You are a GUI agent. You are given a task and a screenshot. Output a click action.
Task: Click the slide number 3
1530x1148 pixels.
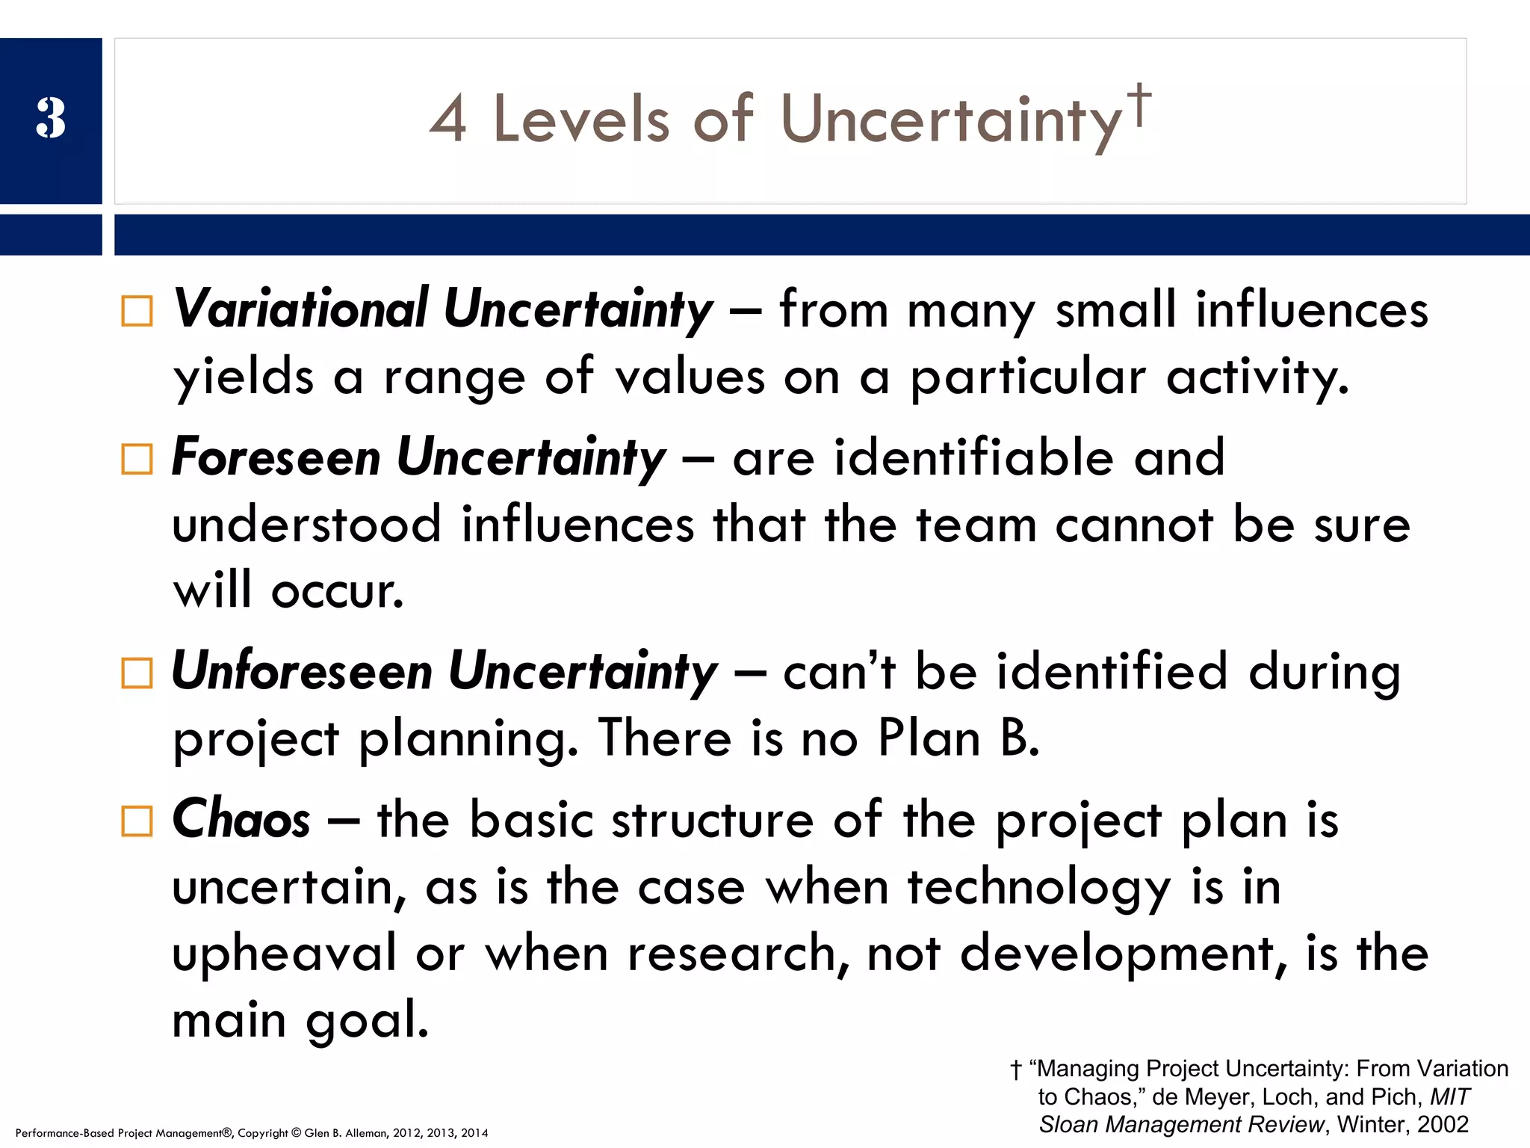tap(51, 118)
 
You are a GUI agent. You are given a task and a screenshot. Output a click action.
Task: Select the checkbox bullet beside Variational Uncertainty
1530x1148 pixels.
tap(137, 311)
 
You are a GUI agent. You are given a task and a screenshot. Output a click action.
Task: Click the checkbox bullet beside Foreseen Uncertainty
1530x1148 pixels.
tap(137, 459)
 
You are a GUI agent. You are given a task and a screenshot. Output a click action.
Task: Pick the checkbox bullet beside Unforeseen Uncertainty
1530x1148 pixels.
tap(137, 673)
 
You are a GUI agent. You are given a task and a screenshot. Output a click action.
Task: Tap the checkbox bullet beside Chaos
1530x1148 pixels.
tap(137, 821)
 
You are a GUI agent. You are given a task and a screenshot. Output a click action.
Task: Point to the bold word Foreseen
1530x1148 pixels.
tap(276, 457)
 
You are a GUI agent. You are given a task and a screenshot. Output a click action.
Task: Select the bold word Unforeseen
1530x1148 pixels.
tap(303, 670)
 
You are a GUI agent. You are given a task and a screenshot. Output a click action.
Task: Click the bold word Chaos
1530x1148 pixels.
tap(241, 819)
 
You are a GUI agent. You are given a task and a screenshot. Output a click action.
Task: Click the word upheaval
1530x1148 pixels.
tap(285, 954)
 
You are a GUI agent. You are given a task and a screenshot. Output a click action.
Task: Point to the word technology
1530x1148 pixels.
tap(1039, 889)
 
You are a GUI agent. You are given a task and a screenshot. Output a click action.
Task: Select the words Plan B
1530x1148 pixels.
tap(958, 738)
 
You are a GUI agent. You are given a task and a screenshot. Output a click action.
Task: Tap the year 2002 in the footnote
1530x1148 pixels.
tap(1443, 1124)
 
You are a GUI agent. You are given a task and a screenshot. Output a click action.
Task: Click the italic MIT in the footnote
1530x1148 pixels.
tap(1449, 1096)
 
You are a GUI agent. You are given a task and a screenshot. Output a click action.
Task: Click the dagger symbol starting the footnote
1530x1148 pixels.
tap(1016, 1070)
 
